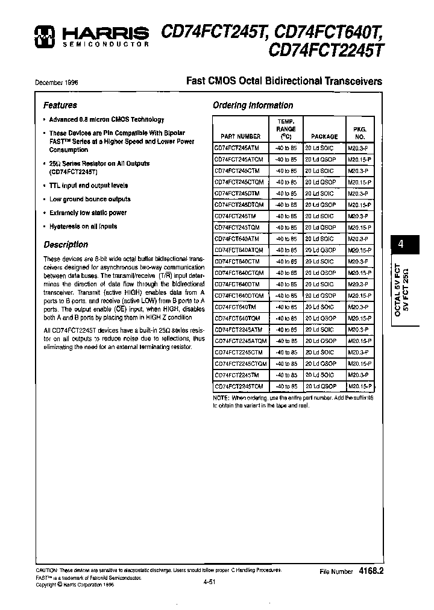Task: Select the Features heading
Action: click(x=60, y=105)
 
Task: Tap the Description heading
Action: click(x=66, y=245)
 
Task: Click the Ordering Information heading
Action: click(x=253, y=105)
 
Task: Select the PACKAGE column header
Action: click(x=324, y=137)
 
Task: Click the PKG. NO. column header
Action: click(x=360, y=133)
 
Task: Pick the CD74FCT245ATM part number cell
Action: click(x=237, y=148)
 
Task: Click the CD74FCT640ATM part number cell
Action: click(x=237, y=239)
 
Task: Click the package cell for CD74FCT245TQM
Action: click(x=320, y=228)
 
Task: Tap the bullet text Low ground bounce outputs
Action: click(x=90, y=199)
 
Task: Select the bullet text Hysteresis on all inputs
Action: click(x=83, y=227)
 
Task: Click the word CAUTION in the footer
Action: click(x=46, y=570)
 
